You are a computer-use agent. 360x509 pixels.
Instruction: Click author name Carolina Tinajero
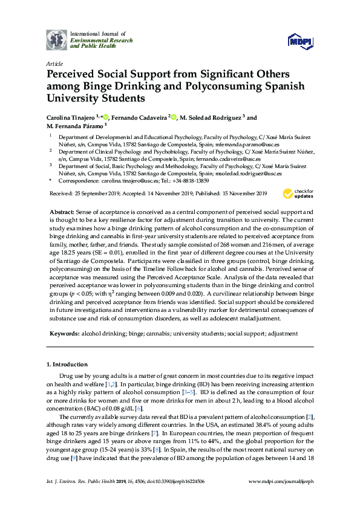(72, 117)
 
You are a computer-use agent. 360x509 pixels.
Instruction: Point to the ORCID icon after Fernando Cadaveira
(174, 117)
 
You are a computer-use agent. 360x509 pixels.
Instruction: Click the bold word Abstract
(61, 213)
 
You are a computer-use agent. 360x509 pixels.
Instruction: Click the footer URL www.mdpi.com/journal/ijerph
(281, 498)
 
